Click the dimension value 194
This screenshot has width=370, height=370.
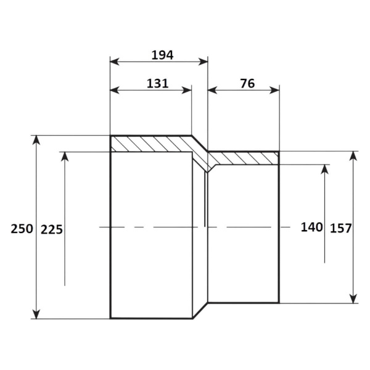(162, 55)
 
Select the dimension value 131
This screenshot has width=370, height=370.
(158, 83)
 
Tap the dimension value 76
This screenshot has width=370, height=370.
(247, 83)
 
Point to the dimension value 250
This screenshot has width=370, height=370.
(22, 229)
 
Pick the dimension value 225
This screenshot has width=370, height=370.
(52, 229)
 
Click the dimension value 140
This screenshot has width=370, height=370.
(311, 227)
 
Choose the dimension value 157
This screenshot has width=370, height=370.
(340, 228)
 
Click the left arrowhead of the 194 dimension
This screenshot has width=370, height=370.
(115, 62)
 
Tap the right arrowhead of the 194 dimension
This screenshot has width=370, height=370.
(203, 62)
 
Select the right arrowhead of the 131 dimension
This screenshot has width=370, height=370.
(187, 90)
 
